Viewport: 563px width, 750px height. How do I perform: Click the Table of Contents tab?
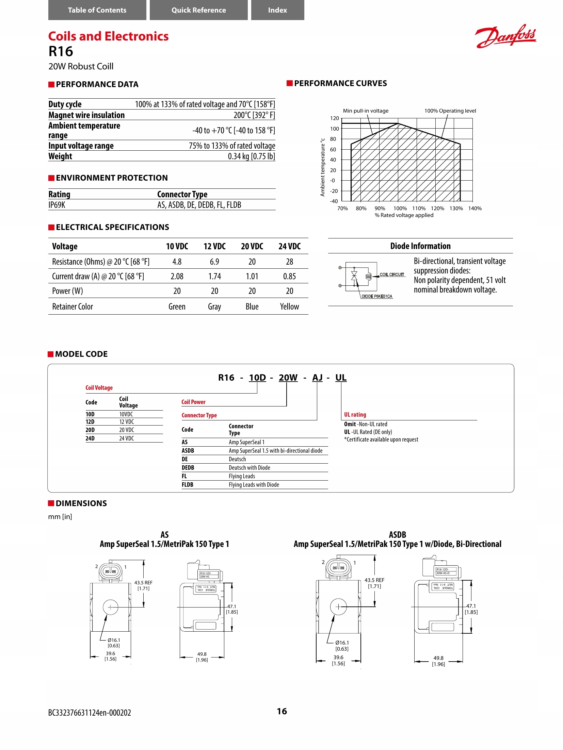(97, 10)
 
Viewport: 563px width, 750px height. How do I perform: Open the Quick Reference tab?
(198, 10)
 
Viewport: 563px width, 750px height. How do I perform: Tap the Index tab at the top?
(277, 10)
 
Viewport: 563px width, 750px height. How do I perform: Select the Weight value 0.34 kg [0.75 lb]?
(251, 156)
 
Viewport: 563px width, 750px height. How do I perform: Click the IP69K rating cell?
(57, 205)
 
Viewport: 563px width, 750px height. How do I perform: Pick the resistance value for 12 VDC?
(214, 262)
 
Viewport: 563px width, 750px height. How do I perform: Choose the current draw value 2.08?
(177, 277)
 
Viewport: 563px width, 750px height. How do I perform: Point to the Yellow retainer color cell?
(289, 307)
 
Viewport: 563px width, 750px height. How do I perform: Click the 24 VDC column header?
(289, 247)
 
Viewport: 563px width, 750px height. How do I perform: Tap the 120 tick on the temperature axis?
(335, 118)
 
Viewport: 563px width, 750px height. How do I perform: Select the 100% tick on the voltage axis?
(400, 209)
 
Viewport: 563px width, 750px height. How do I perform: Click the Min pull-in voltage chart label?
(366, 111)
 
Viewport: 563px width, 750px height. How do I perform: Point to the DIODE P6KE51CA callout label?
(377, 296)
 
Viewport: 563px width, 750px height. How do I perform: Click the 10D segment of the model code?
(257, 378)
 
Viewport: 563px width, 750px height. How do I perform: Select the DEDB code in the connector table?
(188, 468)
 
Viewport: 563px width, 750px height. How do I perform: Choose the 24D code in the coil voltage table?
(90, 438)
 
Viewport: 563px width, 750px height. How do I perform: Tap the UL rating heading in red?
(355, 415)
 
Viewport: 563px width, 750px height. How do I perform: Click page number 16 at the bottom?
(282, 711)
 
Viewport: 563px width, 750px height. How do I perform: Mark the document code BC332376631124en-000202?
(90, 713)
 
